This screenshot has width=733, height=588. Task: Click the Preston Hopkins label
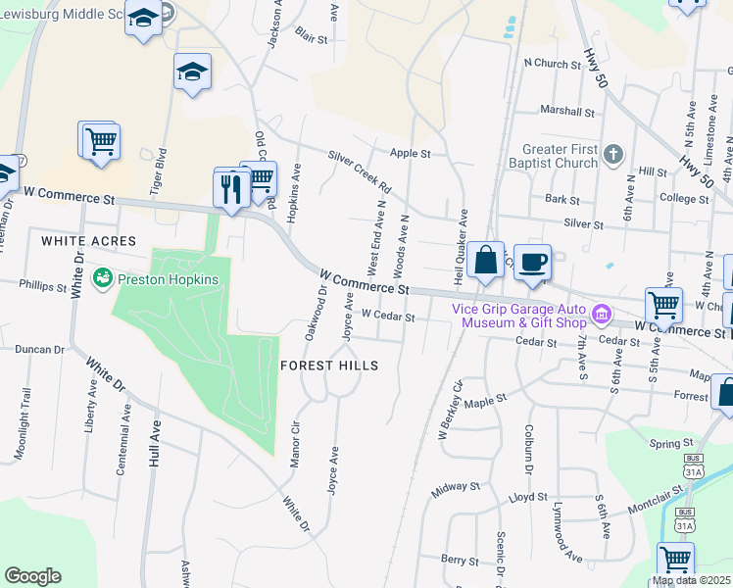168,278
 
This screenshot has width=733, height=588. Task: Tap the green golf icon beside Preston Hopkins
102,279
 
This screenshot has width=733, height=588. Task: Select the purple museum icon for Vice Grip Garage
601,316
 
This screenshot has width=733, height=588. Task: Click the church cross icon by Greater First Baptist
612,154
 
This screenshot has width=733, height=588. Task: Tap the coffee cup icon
532,263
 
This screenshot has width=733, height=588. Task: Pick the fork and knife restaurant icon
231,186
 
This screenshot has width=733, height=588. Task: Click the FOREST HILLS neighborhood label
328,365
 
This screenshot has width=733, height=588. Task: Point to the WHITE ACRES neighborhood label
89,240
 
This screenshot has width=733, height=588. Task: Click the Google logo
32,575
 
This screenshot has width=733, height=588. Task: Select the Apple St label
411,154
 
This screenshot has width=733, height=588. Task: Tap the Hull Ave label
154,443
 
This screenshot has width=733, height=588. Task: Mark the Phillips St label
42,284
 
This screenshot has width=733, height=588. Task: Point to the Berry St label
459,559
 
